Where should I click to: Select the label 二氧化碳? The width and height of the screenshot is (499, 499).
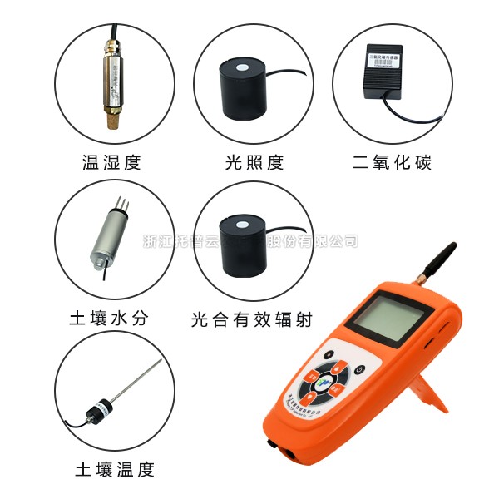[x=393, y=162]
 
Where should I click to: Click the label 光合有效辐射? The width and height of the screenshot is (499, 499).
[x=253, y=318]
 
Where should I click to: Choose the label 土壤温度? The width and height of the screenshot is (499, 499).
[x=115, y=469]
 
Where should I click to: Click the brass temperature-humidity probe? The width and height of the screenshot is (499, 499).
[x=111, y=75]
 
